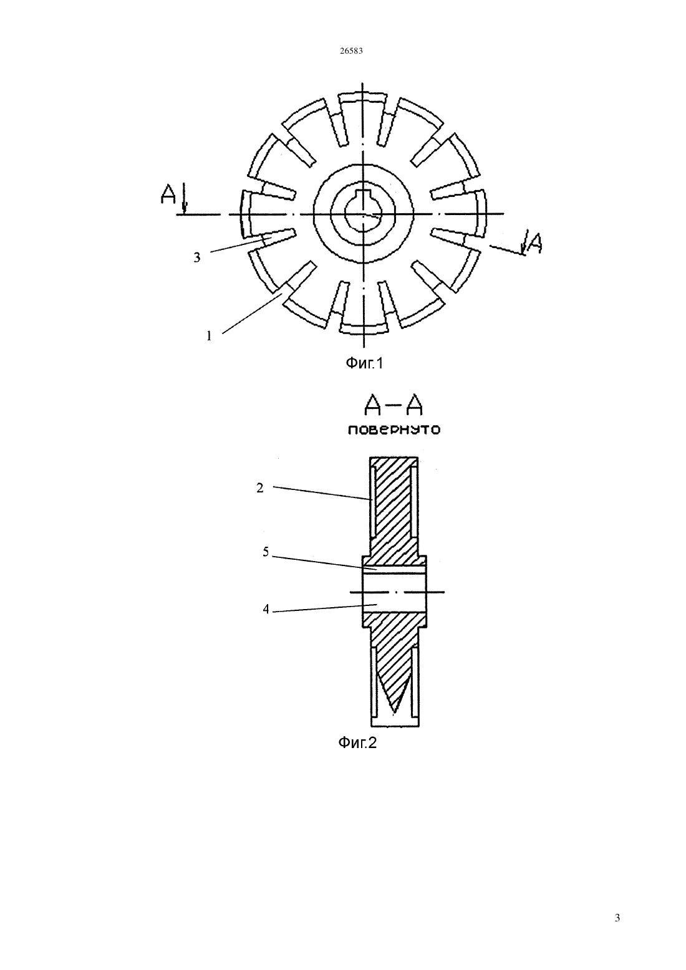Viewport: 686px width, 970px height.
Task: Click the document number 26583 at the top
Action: tap(351, 50)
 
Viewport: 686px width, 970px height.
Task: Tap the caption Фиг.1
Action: tap(364, 363)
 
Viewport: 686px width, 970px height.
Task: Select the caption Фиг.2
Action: tap(357, 742)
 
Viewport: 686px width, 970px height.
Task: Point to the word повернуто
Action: tap(394, 430)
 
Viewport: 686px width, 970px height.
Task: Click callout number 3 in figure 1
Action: tap(197, 257)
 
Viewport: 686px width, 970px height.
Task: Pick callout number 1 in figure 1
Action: tap(209, 336)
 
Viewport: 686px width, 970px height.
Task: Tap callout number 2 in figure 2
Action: tap(260, 488)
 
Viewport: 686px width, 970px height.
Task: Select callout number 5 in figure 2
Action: tap(266, 552)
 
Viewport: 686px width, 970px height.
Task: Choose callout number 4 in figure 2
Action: tap(266, 609)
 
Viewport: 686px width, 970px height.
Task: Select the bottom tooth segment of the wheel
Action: tap(362, 327)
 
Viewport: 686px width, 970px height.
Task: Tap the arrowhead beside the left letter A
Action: tap(185, 209)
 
